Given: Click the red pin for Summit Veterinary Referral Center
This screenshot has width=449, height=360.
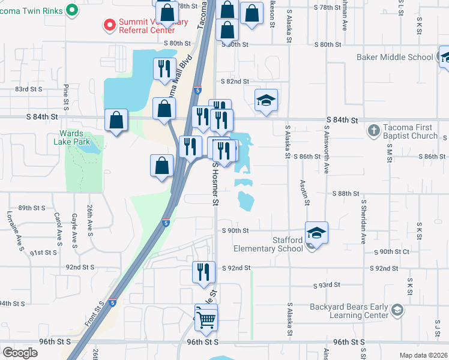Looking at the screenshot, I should point(109,25).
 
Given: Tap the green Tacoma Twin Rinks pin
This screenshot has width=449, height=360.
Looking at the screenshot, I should point(73,10).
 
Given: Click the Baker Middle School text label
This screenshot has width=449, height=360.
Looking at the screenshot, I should point(394,58).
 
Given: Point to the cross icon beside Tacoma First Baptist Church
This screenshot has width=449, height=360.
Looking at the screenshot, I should point(373,130).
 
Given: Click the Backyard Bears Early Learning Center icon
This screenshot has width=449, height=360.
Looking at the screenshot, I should point(396,310).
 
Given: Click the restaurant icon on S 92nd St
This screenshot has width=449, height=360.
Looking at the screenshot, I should point(203,271).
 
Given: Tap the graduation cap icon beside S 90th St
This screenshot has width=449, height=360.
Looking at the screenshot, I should point(316,232).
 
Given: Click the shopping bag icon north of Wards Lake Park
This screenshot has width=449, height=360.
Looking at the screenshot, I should point(116,119).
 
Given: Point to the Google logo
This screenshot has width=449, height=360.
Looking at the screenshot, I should point(20,353).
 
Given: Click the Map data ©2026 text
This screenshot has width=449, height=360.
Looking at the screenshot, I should point(423,355).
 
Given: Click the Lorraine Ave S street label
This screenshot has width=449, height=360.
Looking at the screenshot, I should point(10,230).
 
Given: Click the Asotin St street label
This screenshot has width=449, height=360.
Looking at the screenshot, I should point(306,191).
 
